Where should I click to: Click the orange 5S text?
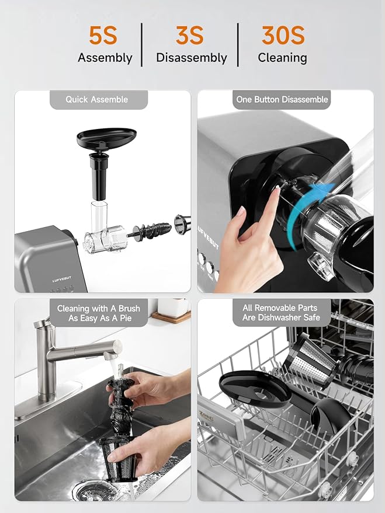coord(103,36)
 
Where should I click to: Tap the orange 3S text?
coord(190,36)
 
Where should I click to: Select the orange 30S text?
coord(283,36)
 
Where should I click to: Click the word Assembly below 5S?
coord(105,58)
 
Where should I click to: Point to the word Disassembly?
coord(191,58)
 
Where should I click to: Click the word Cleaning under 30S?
coord(283,58)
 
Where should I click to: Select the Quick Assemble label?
coord(97,100)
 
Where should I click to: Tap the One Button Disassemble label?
coord(282,100)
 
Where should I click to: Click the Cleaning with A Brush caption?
coord(97,313)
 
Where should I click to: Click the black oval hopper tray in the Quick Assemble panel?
coord(106,138)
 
